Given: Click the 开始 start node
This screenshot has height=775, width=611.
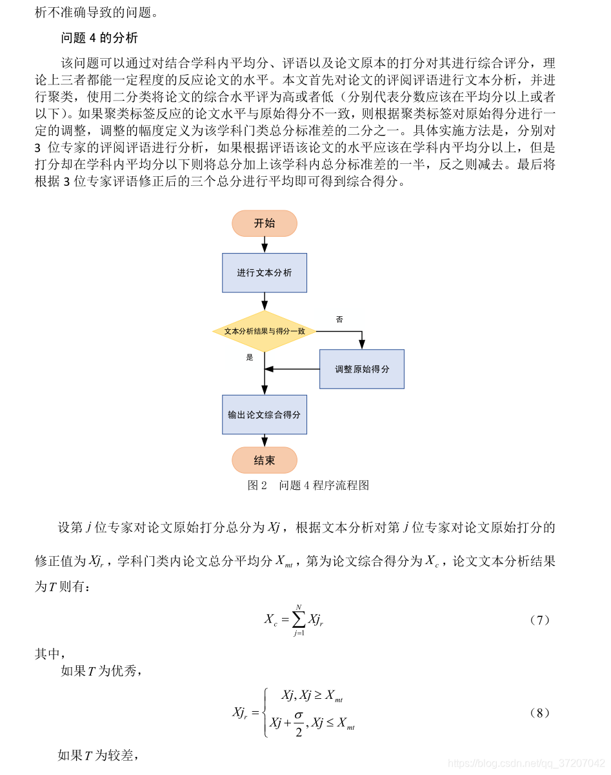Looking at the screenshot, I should click(x=265, y=223).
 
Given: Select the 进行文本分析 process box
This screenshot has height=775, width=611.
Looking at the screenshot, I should click(x=265, y=273).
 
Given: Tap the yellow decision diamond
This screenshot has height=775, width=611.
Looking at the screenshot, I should click(x=265, y=331).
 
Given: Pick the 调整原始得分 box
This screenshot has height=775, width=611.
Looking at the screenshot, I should click(x=362, y=369).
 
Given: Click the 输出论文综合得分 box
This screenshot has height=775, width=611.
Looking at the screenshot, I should click(x=265, y=414).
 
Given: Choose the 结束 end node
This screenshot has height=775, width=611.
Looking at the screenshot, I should click(x=265, y=460).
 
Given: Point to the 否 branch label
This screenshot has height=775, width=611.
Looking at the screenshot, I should click(x=339, y=319).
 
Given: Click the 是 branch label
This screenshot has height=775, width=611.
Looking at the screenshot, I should click(x=250, y=357).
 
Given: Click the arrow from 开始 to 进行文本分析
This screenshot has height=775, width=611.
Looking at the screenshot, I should click(x=265, y=245).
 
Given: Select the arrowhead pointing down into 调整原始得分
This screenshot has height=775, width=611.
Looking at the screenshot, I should click(x=362, y=345).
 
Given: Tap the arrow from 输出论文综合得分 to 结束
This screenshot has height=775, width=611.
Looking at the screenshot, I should click(x=265, y=441).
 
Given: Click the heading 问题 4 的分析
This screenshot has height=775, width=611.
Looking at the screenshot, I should click(x=99, y=38).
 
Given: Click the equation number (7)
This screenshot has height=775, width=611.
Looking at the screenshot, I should click(x=539, y=620).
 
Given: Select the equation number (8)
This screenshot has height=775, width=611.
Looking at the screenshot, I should click(x=539, y=713).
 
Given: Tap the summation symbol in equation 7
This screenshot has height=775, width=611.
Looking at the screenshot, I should click(x=299, y=620).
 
